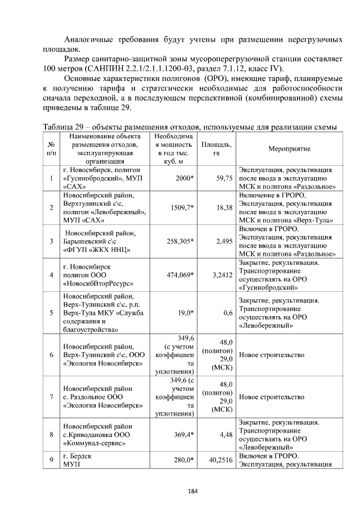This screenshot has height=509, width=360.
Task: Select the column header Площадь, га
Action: pos(216,148)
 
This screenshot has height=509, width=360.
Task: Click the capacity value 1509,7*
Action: pos(182,208)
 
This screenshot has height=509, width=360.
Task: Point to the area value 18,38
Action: pos(224,208)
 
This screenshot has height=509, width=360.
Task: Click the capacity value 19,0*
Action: pos(184,313)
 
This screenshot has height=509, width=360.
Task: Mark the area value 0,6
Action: pos(228,313)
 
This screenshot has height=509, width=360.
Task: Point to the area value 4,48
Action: pos(225,434)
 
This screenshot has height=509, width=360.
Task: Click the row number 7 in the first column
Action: pos(51,397)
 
